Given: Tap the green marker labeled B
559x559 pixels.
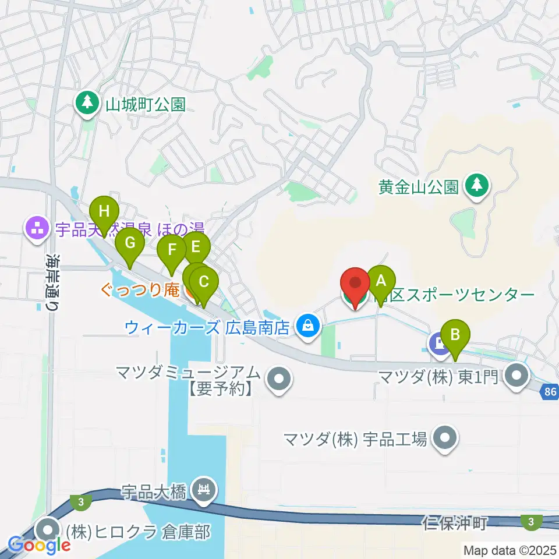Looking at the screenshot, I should click(x=456, y=335).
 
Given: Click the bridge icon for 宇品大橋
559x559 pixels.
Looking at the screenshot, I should click(x=204, y=491).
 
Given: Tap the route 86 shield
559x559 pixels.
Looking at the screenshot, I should click(x=551, y=392).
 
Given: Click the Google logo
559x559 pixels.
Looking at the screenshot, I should click(x=40, y=546).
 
